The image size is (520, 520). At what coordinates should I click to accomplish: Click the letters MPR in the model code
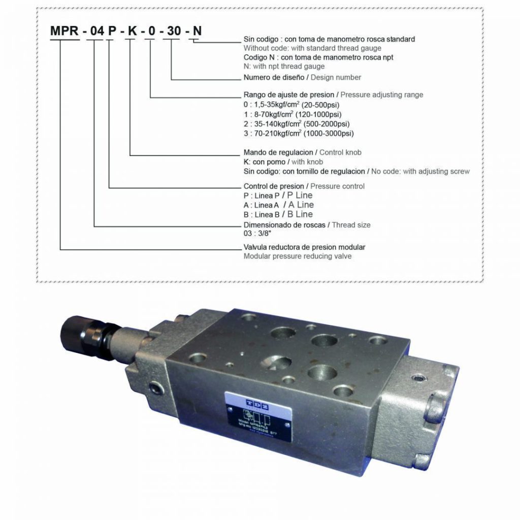point(64,31)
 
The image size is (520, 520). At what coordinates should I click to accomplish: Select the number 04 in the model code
point(96,31)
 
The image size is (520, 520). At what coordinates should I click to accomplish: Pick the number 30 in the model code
point(173,31)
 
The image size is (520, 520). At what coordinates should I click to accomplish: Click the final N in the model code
point(198,31)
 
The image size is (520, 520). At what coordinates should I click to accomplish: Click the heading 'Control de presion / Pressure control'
point(304,186)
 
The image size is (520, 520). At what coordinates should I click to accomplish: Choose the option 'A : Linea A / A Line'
point(278,205)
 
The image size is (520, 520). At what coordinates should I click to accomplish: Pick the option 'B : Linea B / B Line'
point(278,214)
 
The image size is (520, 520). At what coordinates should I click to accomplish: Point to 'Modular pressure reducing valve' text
point(297,256)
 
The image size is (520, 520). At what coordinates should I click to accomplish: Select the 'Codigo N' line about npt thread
point(318,57)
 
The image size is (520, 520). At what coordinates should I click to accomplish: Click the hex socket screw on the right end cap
point(417,378)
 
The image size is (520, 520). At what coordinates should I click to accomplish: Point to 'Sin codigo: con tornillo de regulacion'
point(304,172)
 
